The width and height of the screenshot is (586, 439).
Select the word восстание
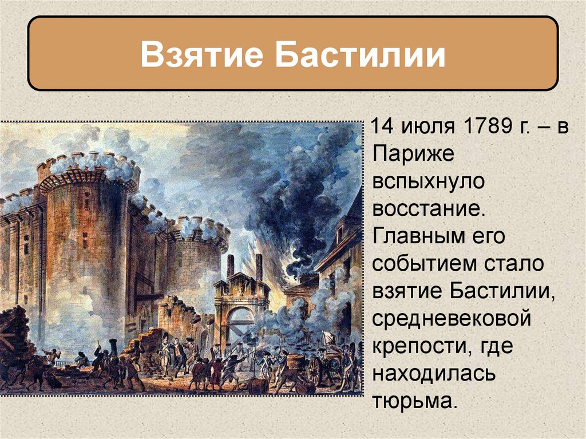coord(429,209)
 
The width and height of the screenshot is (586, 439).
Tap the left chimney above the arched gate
coord(230,266)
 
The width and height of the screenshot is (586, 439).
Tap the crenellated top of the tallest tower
coord(89,166)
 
